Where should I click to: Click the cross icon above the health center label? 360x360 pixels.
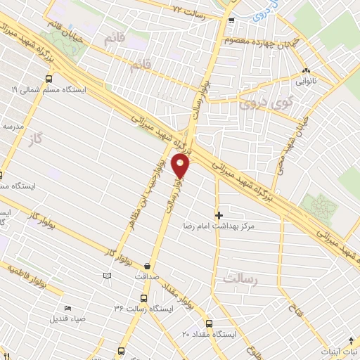219,214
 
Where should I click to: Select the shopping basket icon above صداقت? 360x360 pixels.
147,266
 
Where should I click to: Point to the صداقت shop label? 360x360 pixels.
147,276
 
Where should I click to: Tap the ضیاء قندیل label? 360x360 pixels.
68,319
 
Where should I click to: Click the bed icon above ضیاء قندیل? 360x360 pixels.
67,308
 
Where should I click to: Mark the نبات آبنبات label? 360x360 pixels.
338,350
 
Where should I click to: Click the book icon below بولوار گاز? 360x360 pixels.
107,276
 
